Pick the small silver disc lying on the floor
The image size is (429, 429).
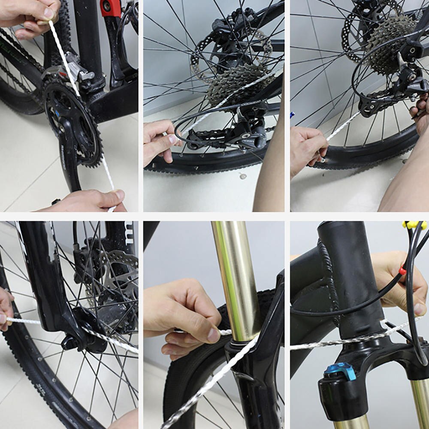coord(243,176)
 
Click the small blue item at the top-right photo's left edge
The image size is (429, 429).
coord(293,115)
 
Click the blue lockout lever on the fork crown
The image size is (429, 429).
coord(341,371)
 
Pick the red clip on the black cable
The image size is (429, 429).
coord(402,270)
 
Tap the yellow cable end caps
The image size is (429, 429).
coord(414,225)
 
